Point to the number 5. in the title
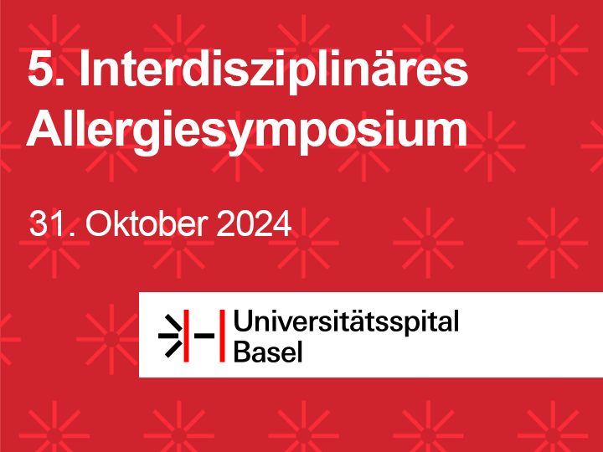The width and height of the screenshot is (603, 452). point(45,68)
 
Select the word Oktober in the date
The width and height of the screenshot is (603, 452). point(147,223)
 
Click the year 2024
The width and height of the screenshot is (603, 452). point(254,223)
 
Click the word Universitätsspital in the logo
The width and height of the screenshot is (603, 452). point(346,321)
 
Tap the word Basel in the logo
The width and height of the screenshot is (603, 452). point(268,351)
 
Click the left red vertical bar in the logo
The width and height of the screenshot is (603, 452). point(186,336)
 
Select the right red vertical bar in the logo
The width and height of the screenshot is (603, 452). point(222,336)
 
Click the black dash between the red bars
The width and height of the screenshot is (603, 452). point(204,336)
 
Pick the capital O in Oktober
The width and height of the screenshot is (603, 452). point(99,223)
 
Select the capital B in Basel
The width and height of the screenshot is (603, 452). point(243,351)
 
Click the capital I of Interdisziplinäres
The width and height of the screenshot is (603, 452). point(84,69)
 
